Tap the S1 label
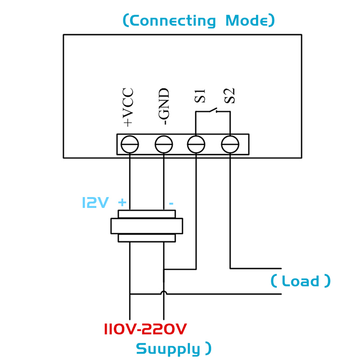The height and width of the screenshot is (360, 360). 201,95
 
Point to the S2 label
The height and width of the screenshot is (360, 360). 230,95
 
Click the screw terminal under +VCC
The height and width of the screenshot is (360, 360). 130,144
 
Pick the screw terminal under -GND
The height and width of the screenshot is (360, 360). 163,144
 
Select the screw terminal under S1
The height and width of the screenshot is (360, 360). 196,144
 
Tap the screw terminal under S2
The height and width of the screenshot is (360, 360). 230,144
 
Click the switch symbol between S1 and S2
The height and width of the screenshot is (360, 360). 212,110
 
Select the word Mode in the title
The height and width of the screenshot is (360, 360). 247,21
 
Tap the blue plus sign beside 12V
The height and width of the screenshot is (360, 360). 122,202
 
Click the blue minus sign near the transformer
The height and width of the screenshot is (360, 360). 171,203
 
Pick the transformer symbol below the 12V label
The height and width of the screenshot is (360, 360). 147,226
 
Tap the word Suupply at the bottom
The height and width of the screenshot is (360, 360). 168,349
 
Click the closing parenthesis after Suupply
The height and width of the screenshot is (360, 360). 207,348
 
